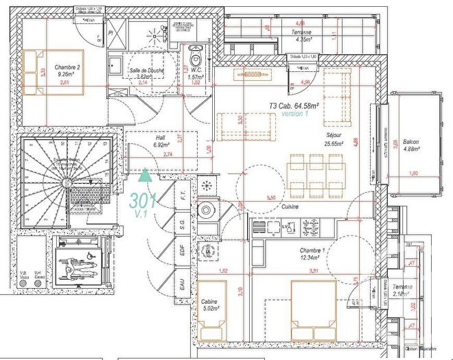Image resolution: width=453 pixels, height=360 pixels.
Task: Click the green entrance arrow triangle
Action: (145, 176)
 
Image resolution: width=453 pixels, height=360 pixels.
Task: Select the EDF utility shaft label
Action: (182, 251)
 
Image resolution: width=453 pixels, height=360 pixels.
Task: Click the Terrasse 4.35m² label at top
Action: (302, 36)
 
